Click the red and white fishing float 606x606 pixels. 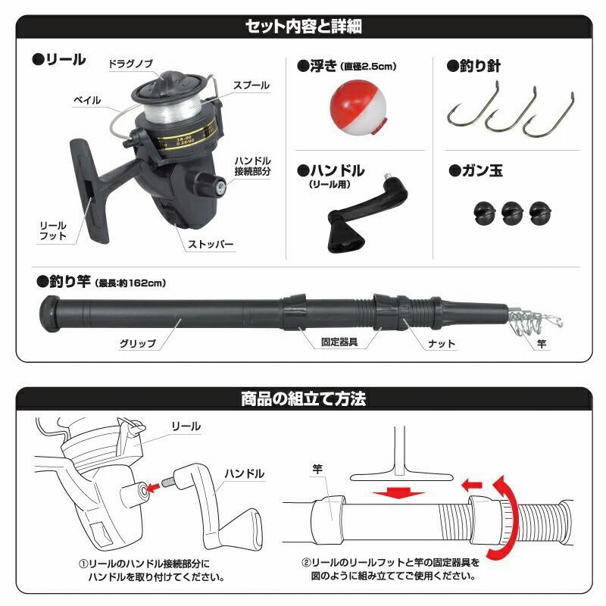(x=358, y=108)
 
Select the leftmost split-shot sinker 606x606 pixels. (x=485, y=213)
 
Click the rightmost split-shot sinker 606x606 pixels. (x=540, y=213)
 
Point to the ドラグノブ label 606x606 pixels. (x=130, y=64)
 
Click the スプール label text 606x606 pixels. (x=251, y=86)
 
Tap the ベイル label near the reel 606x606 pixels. (x=87, y=101)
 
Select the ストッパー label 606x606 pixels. (x=211, y=244)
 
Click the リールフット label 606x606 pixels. (x=53, y=231)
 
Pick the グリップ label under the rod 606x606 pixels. (x=138, y=344)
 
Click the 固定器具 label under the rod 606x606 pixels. (x=339, y=342)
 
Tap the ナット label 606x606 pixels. (x=442, y=344)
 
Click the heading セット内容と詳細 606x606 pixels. (x=304, y=27)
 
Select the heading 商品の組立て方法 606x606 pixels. (x=304, y=398)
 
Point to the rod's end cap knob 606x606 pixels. (x=49, y=314)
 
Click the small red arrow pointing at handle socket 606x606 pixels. (x=154, y=488)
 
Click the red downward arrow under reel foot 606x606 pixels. (x=398, y=493)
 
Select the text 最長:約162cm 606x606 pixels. (x=130, y=283)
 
